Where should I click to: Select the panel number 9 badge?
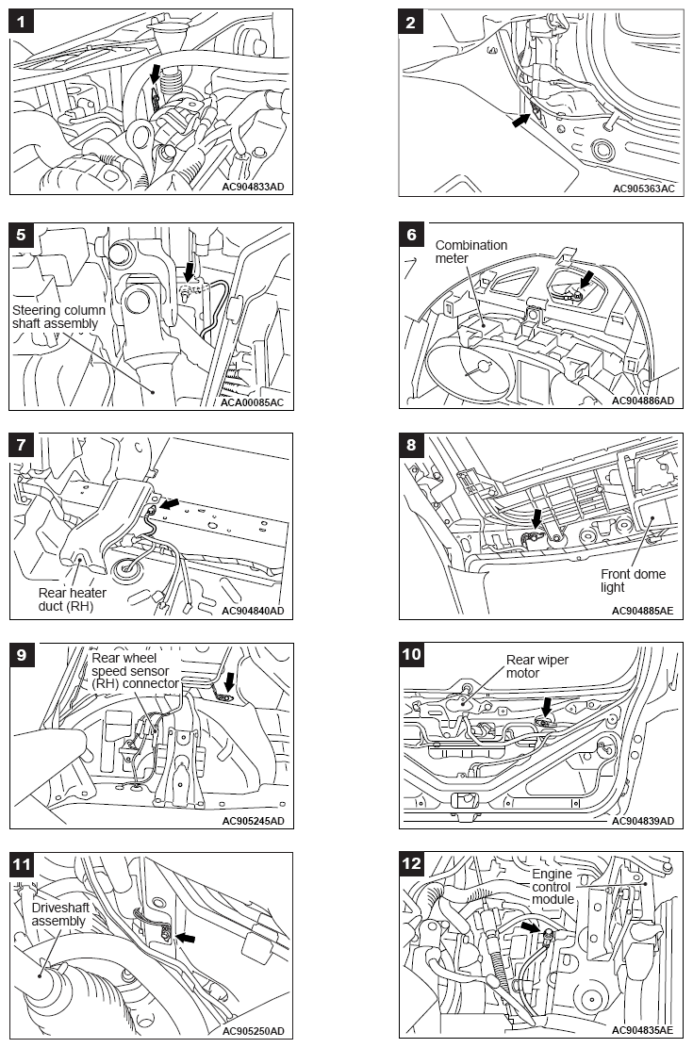[23, 654]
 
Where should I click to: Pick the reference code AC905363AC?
[643, 188]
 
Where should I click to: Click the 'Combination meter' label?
[470, 252]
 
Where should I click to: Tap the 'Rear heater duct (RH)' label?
[73, 599]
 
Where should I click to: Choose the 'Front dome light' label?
[633, 581]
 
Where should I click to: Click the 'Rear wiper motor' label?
[536, 666]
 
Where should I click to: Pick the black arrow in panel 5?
[191, 271]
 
